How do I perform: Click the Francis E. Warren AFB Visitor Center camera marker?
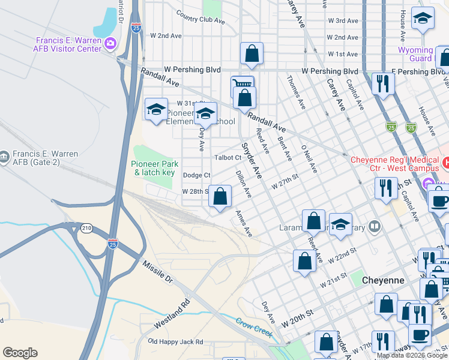tap(110, 43)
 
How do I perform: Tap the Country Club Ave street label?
tap(200, 20)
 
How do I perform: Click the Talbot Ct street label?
tap(228, 158)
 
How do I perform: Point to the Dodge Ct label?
tap(196, 175)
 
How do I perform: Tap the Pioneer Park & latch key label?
tap(153, 168)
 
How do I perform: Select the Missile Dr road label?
tap(157, 271)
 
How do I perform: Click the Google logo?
tap(20, 353)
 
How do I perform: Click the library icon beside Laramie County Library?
tap(375, 226)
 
